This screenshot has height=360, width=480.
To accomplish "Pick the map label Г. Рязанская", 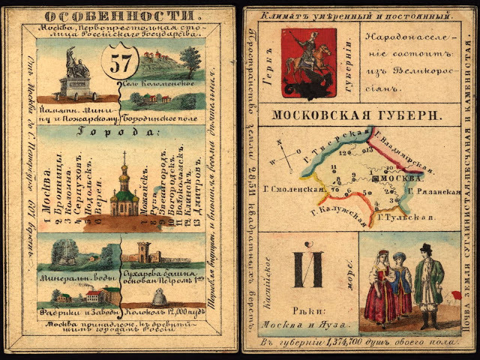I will pos(437,192).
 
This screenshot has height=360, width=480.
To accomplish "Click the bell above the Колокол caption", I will pos(159,298).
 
